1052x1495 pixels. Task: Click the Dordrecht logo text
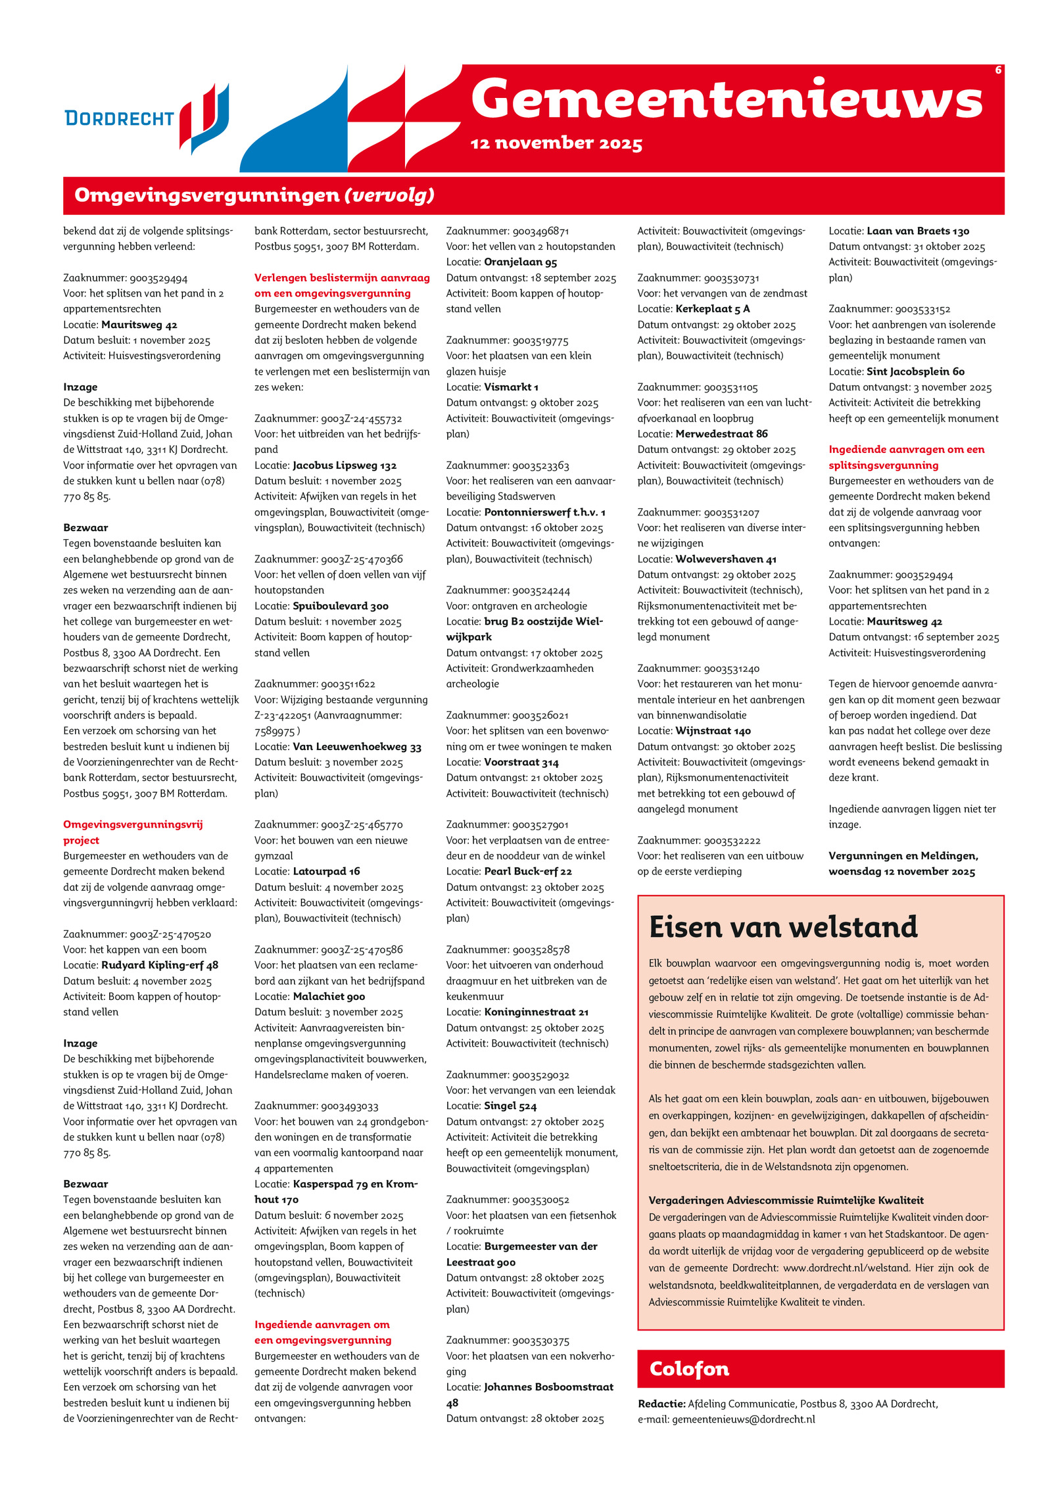tap(119, 118)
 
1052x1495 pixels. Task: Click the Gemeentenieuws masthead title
tap(727, 99)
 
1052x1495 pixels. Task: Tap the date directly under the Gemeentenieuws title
tap(556, 143)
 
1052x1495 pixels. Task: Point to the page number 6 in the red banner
tap(997, 70)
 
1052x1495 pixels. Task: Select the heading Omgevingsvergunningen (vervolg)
tap(254, 195)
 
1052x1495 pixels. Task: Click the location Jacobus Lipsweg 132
tap(345, 465)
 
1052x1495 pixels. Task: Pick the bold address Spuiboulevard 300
tap(341, 605)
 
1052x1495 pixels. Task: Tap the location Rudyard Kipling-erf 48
tap(160, 965)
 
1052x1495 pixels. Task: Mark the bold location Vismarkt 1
tap(511, 387)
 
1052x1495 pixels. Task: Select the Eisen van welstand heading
tap(783, 927)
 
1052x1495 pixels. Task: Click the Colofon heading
tap(689, 1369)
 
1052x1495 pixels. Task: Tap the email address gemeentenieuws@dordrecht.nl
tap(744, 1419)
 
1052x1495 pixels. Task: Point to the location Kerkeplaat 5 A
tap(713, 309)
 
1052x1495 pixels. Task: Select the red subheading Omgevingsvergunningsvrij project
tap(133, 832)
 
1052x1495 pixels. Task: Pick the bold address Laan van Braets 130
tap(918, 231)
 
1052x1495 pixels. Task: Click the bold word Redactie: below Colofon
tap(661, 1404)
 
